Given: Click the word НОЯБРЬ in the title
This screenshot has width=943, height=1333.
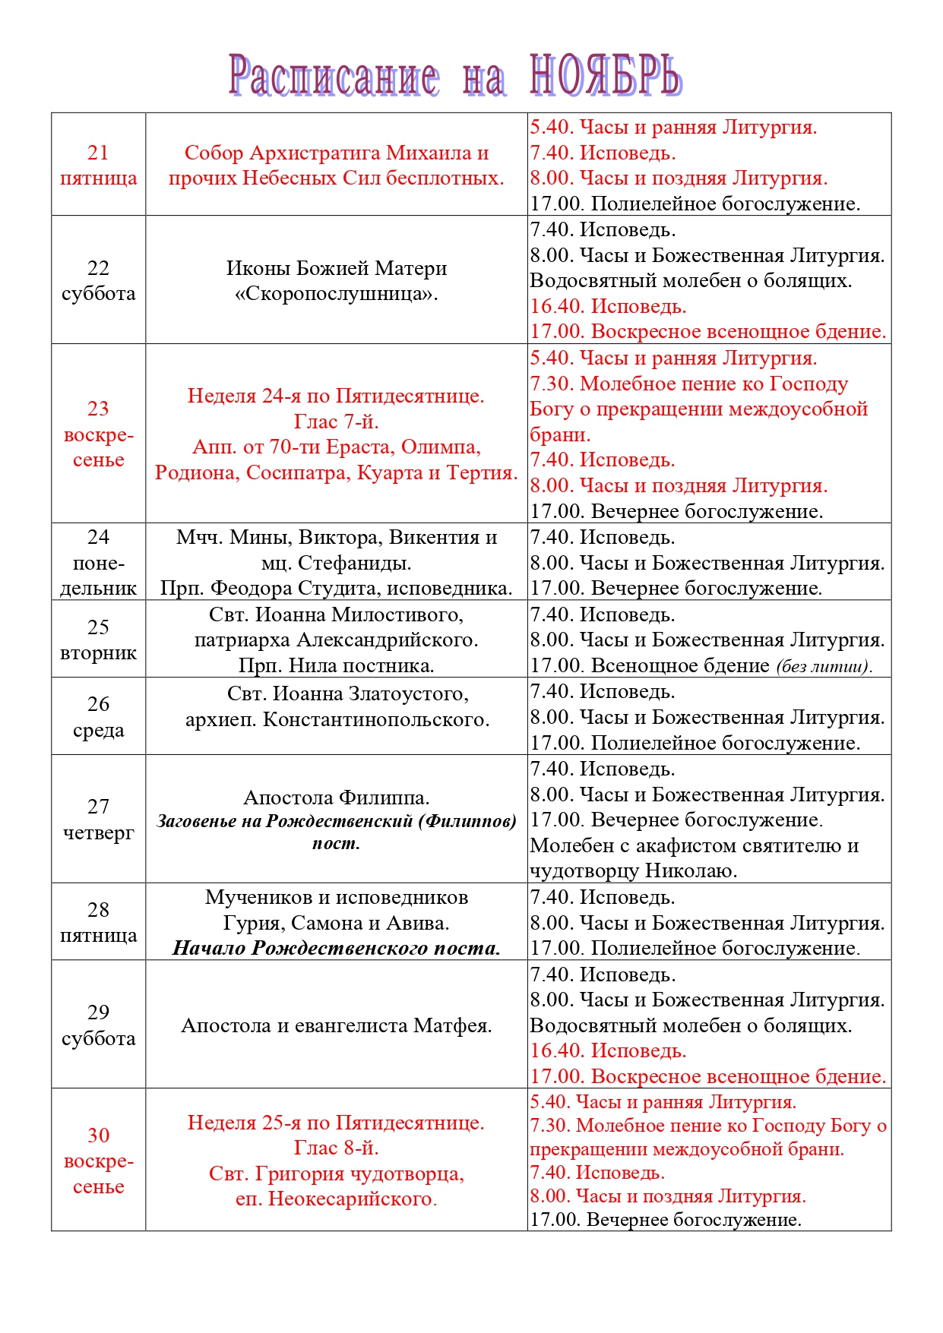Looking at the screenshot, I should [605, 76].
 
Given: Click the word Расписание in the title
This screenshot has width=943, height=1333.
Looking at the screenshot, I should [334, 76].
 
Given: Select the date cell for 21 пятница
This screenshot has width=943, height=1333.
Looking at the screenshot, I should [98, 165].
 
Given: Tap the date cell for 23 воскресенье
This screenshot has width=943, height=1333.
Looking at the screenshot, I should [98, 434].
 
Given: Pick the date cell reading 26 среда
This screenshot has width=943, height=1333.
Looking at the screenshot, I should [98, 716].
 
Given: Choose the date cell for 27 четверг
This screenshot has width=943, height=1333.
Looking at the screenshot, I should [98, 819].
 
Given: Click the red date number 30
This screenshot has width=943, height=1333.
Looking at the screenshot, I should [98, 1135].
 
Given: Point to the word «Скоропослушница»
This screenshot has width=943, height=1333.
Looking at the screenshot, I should [336, 293].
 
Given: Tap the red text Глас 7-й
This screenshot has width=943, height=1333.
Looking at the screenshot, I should [336, 422].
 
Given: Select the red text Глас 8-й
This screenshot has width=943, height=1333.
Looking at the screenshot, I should [336, 1148].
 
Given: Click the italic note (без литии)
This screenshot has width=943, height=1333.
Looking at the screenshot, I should [824, 666].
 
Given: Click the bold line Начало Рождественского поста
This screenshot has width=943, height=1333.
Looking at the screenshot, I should [336, 948].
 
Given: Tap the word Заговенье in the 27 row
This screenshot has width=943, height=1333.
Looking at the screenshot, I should [195, 821].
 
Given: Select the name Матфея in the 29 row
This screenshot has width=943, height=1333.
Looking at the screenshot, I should [452, 1025].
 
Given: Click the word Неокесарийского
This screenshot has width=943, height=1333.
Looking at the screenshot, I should [350, 1199].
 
